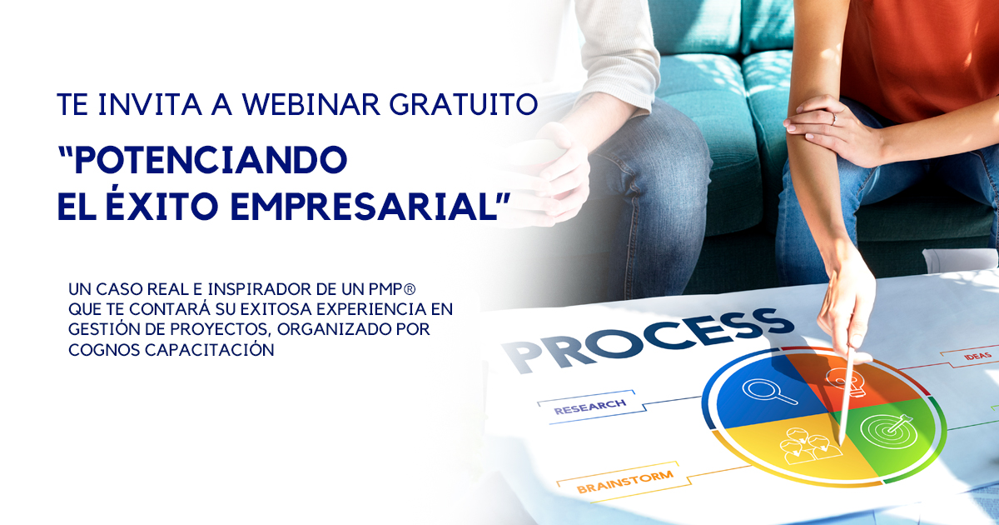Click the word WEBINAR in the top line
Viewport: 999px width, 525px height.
(x=311, y=104)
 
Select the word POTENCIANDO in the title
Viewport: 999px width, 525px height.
(x=203, y=160)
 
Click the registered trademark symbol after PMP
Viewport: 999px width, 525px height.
(x=410, y=289)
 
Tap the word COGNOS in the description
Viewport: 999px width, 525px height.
(x=104, y=350)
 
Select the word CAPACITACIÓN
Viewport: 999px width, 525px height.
(x=210, y=349)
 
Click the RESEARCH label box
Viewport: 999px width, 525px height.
(x=590, y=407)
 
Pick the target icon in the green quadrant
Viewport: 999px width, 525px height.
(x=887, y=429)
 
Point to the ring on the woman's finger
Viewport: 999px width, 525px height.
(x=833, y=118)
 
